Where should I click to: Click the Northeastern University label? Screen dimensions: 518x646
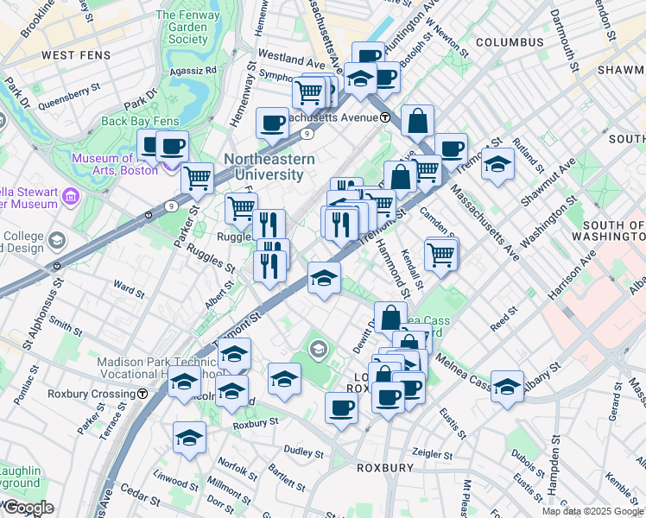click(263, 167)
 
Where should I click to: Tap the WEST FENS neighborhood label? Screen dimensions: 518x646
click(55, 55)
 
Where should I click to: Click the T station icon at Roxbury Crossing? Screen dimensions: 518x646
click(142, 394)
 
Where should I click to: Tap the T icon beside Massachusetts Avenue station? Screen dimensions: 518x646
click(384, 117)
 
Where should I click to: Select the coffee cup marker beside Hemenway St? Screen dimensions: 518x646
click(273, 123)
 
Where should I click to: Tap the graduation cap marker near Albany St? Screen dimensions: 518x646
click(507, 383)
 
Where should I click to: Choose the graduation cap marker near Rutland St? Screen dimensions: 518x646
click(497, 163)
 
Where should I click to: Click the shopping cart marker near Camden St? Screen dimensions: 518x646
click(441, 253)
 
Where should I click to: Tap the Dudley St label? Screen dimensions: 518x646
click(303, 452)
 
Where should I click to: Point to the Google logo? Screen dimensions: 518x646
click(28, 508)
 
